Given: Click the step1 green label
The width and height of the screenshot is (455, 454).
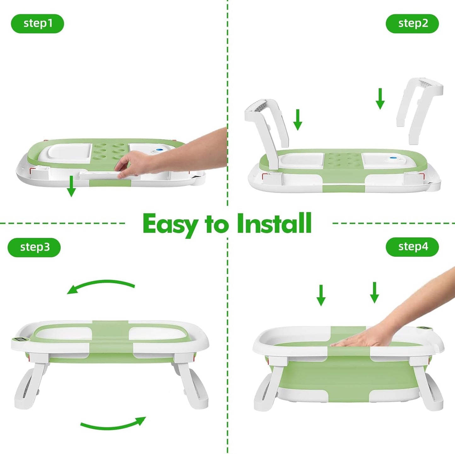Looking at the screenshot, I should pos(37,24).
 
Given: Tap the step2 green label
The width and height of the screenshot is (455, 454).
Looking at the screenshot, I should pos(412,24).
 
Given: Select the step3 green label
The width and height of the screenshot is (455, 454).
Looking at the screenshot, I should pos(34,247).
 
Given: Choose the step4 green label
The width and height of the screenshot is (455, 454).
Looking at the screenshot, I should pos(412,247).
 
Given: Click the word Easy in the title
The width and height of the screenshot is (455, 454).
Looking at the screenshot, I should pos(170,224).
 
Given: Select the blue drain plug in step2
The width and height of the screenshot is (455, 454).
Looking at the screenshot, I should pos(393,159).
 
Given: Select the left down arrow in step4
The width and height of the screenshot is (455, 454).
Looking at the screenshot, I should pos(321,295).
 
